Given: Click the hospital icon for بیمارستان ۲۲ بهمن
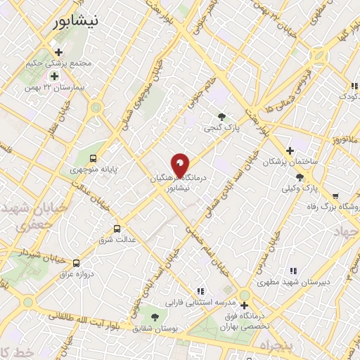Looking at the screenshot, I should [54, 76].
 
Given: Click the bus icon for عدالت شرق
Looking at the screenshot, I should [117, 229].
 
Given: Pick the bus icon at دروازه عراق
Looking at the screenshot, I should [76, 262].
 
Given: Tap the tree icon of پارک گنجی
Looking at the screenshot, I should [222, 117].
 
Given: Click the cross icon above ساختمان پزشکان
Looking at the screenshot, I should [290, 150].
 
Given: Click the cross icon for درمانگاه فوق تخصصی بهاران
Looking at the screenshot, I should [244, 305].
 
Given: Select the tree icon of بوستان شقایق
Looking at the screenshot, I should [155, 317].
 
